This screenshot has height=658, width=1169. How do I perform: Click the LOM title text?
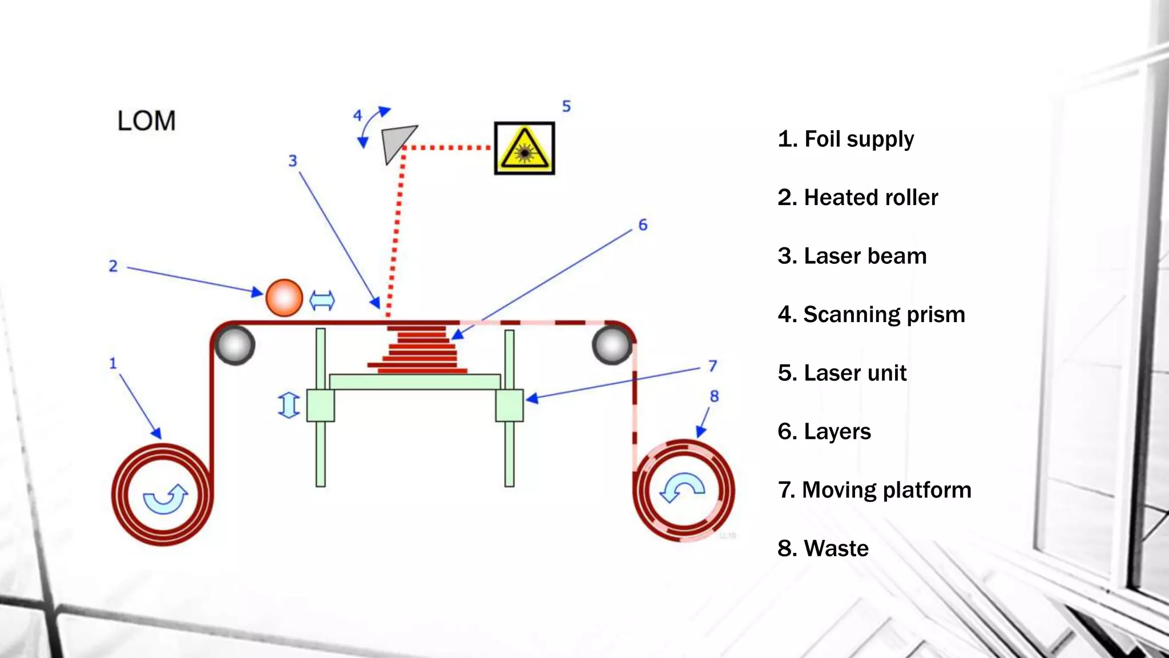coord(146,121)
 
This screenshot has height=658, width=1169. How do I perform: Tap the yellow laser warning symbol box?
coord(524,149)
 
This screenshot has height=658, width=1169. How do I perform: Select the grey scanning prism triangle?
coord(396,142)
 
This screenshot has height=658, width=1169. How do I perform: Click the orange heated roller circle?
coord(284,298)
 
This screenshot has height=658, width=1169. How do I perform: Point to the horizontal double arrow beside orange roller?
coord(322,300)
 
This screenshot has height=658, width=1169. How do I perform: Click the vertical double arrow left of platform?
coord(289,405)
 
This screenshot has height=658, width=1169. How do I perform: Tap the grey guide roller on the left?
coord(235,345)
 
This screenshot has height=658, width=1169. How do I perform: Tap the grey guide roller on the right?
coord(612,345)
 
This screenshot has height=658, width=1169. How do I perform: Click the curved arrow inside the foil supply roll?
coord(165,499)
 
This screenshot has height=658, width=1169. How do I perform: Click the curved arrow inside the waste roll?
coord(683,488)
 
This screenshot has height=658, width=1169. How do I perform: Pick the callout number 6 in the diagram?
coord(643,225)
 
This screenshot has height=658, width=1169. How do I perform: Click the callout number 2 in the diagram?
coord(113,266)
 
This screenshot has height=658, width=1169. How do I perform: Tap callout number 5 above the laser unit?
coord(566,106)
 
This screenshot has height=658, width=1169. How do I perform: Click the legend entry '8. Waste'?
coord(823,548)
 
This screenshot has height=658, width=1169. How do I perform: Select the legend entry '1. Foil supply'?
coord(845,139)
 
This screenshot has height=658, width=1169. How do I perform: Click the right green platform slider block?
coord(509,405)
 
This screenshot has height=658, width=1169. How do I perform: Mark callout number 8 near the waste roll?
coord(714,396)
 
